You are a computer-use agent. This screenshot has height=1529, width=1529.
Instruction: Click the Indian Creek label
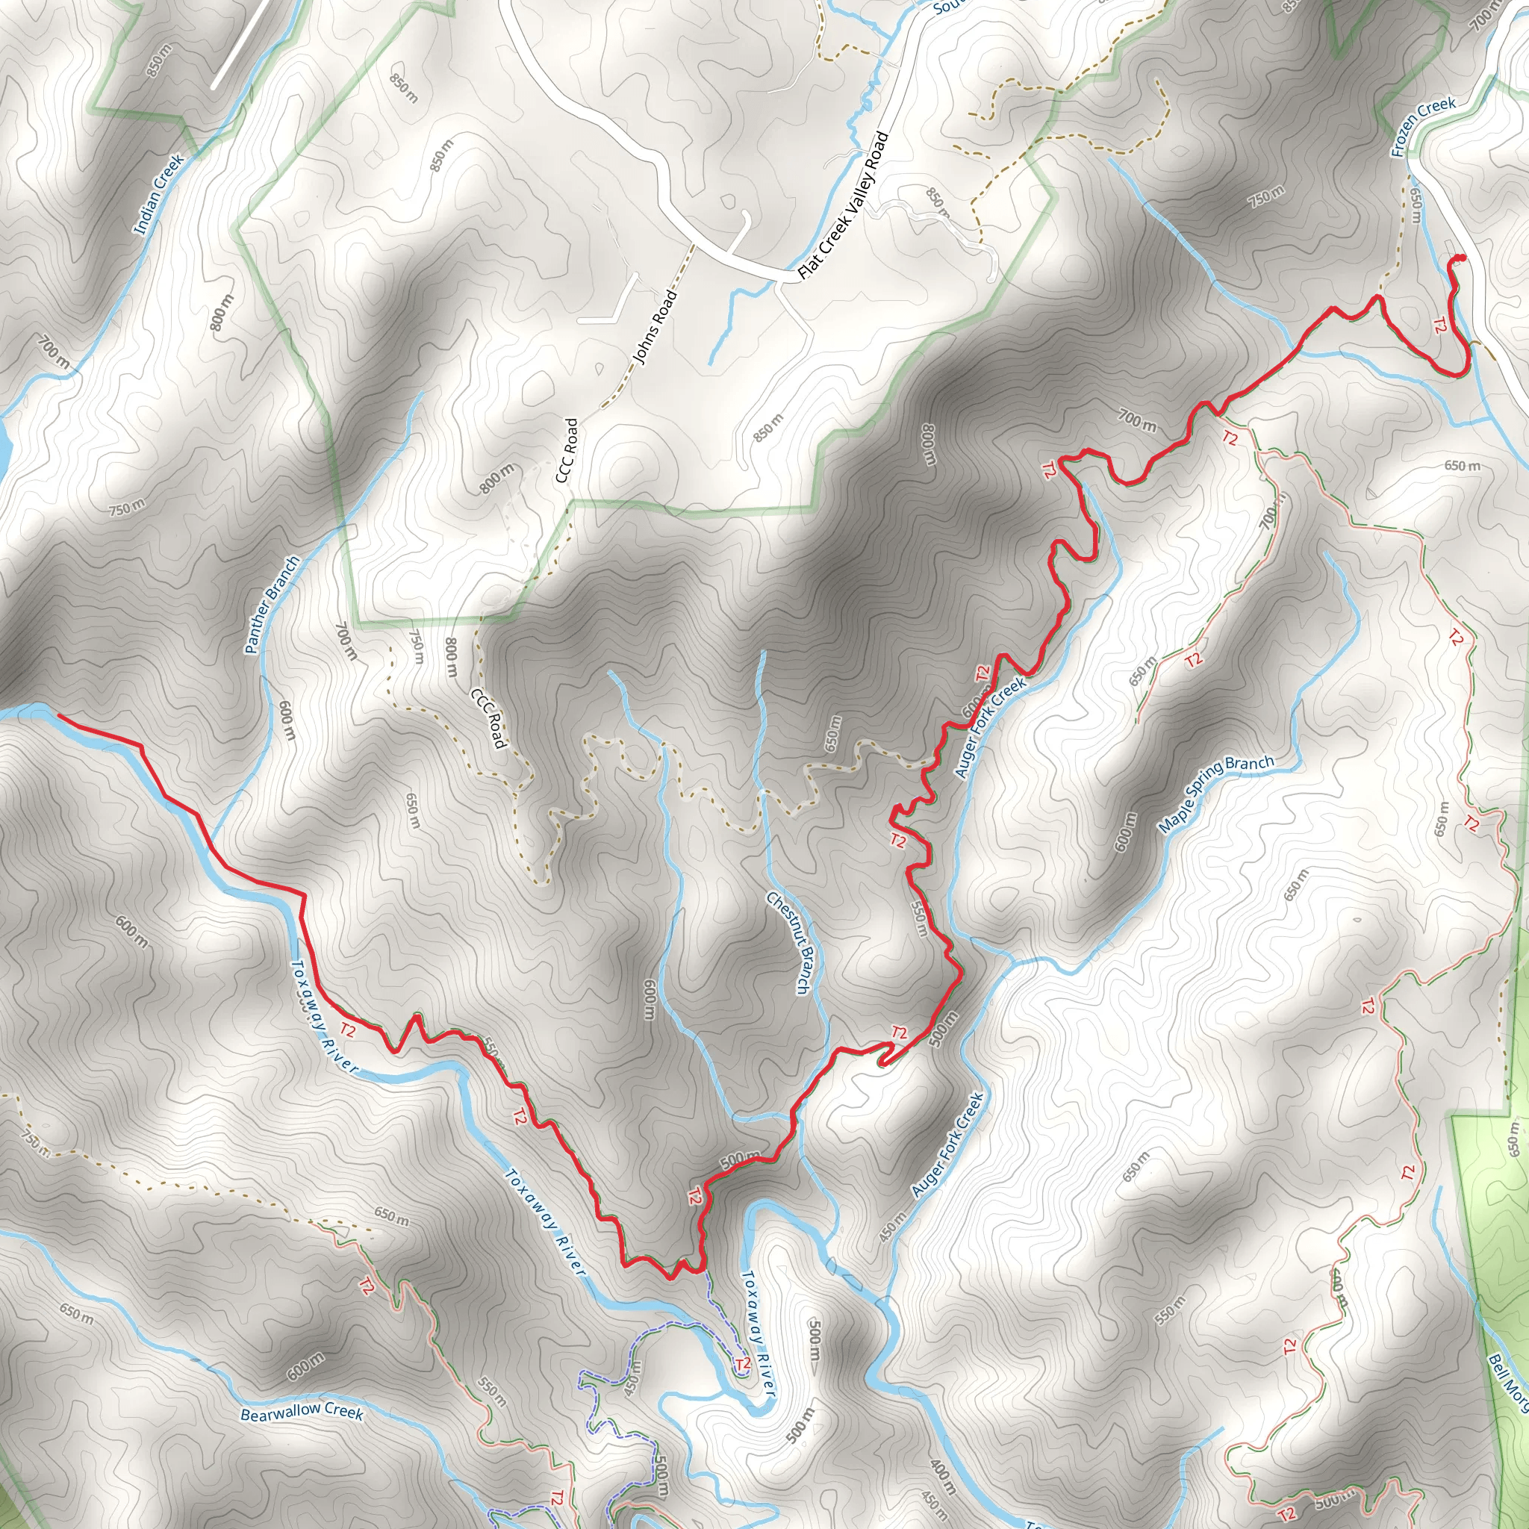[158, 195]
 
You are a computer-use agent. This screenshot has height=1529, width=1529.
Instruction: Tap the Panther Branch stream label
[273, 605]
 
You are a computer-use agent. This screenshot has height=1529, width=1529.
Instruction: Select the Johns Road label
[656, 328]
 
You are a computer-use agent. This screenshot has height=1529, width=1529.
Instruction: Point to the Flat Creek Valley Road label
[844, 205]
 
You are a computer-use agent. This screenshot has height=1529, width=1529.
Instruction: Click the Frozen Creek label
[1423, 127]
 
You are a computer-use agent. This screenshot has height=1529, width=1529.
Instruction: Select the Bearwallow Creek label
[302, 1412]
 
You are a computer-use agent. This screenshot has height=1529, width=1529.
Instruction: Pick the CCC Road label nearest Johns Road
[567, 450]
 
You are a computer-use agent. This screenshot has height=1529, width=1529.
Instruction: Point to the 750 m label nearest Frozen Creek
[1266, 196]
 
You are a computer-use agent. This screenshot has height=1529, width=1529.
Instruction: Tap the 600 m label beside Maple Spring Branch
[1124, 832]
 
